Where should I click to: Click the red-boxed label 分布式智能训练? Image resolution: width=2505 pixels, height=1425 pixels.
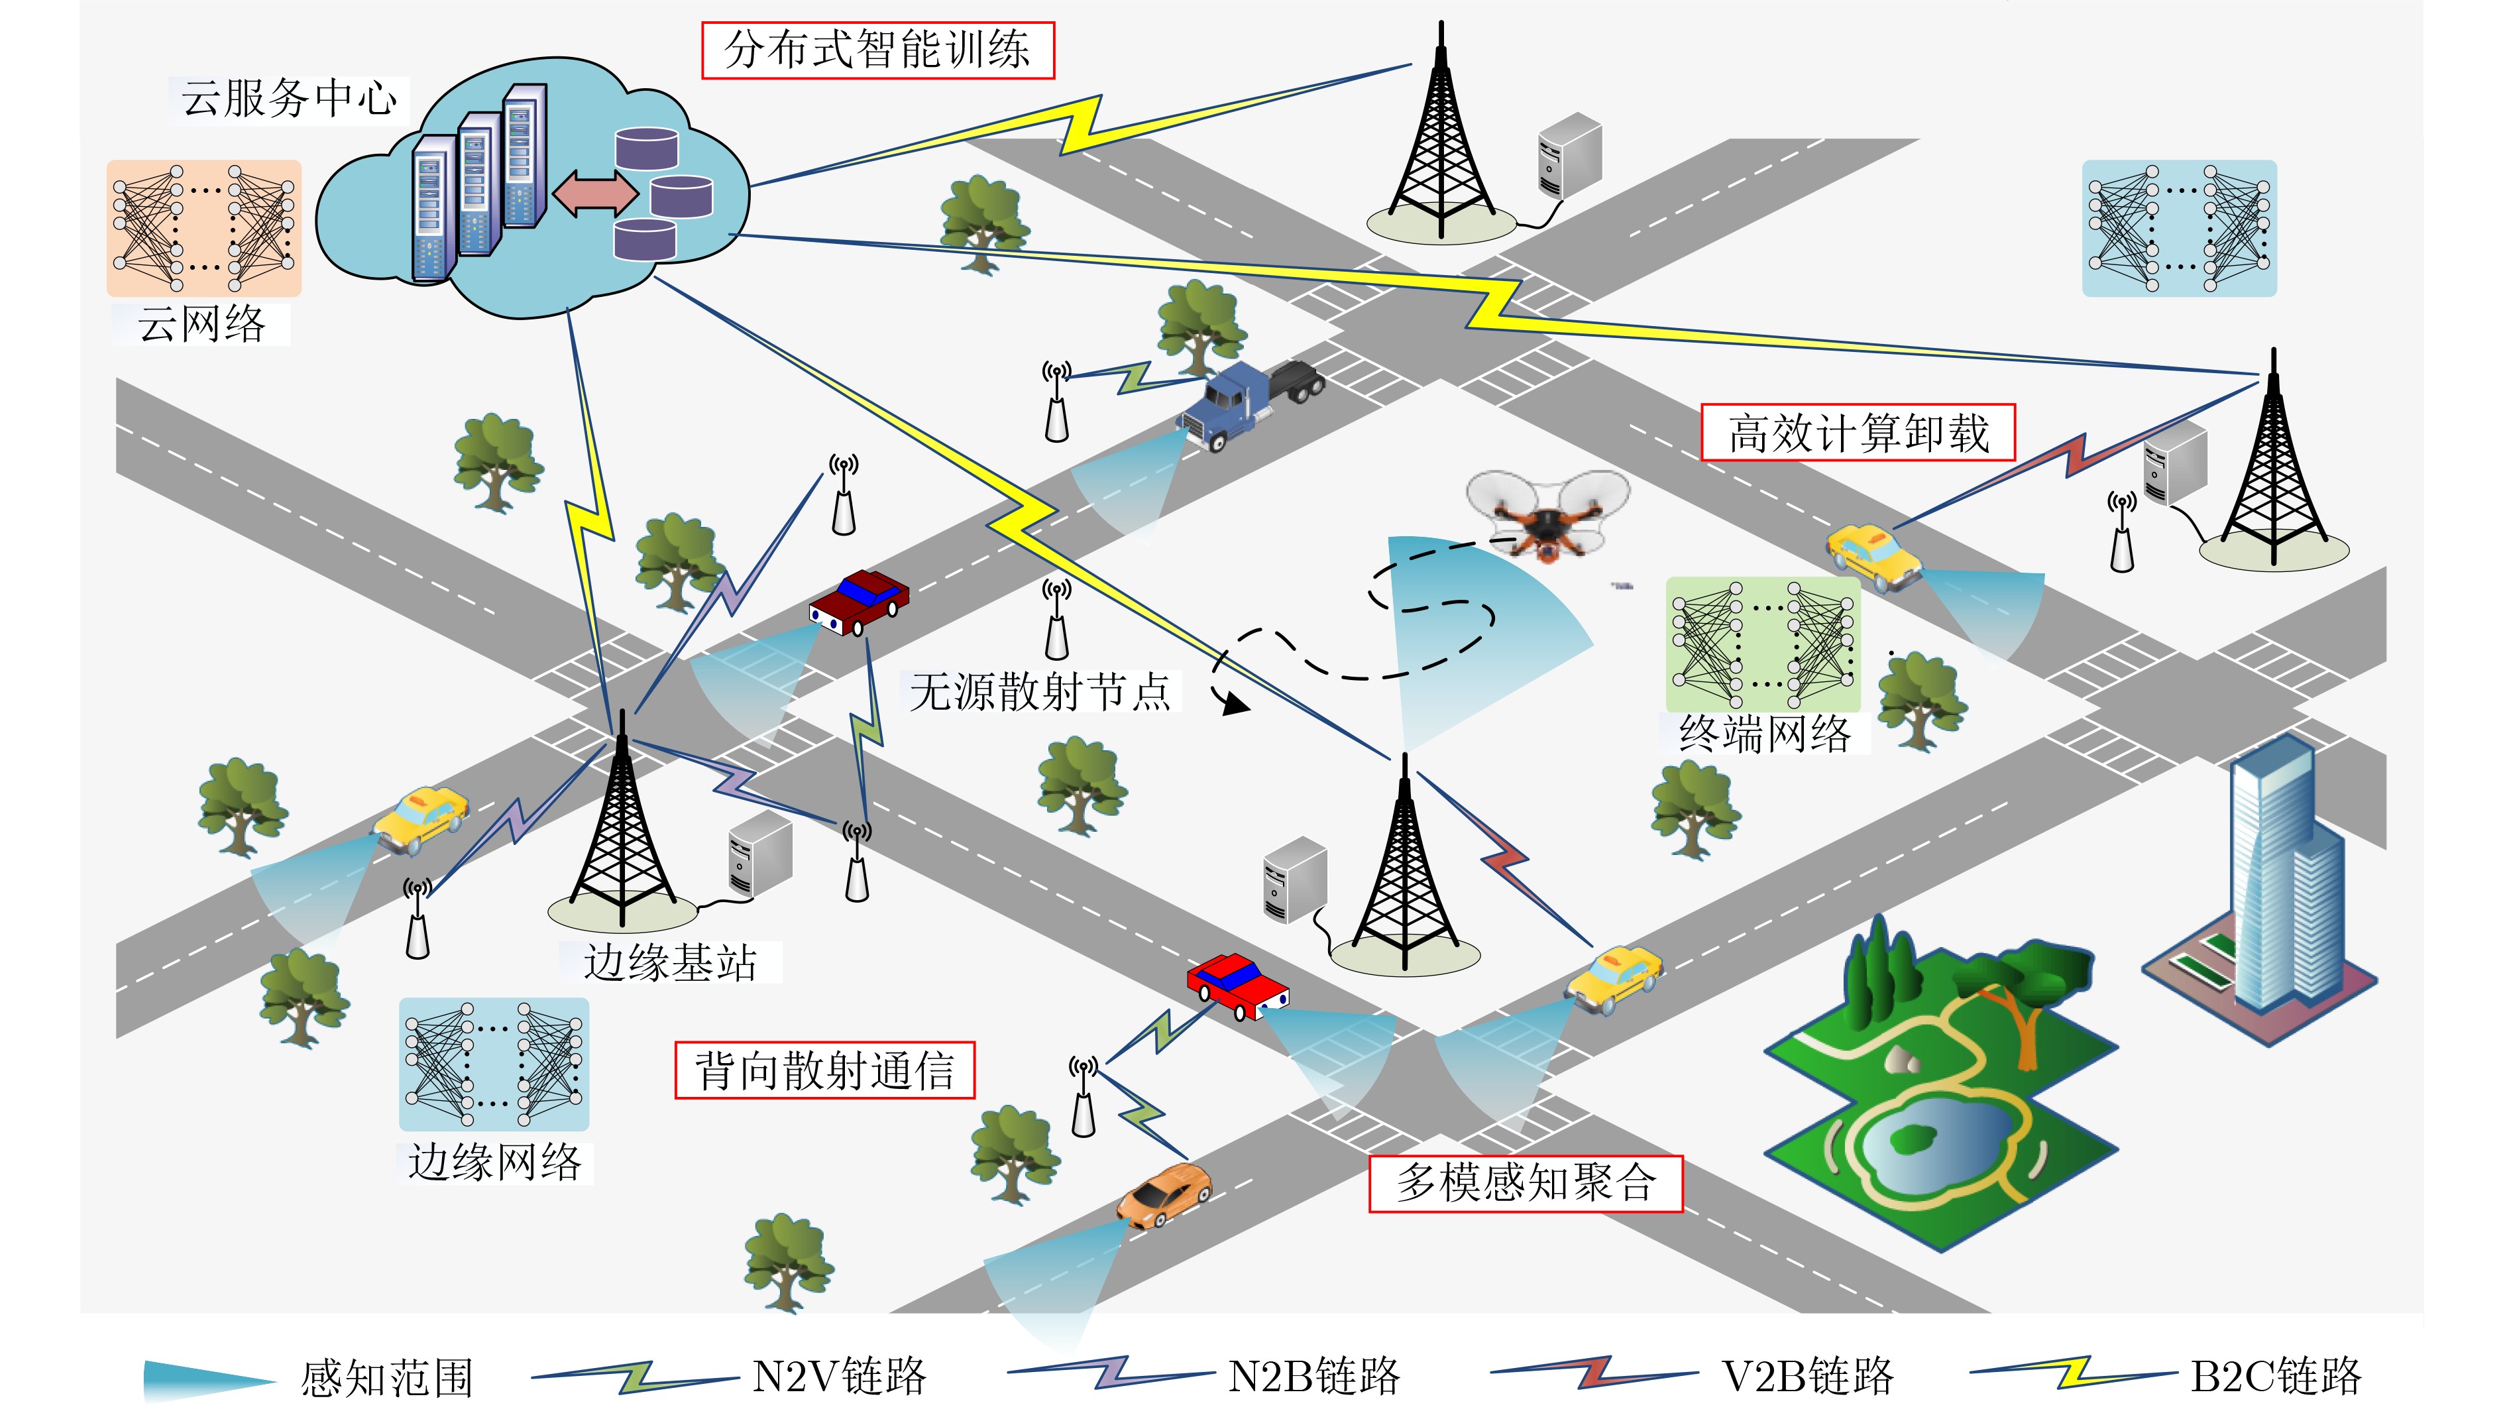pos(877,50)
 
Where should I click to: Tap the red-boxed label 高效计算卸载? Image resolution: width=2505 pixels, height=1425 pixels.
pos(1858,433)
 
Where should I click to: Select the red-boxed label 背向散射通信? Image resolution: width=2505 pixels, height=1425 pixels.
pos(824,1070)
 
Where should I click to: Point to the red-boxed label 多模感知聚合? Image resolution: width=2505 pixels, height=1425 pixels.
pos(1524,1183)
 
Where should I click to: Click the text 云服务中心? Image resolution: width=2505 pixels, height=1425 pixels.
pos(289,99)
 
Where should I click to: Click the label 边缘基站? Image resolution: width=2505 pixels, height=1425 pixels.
pos(670,962)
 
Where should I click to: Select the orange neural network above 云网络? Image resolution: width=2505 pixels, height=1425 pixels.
pos(203,228)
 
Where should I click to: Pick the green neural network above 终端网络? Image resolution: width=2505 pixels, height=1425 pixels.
pos(1762,645)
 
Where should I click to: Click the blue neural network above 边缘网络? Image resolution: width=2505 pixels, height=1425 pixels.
pos(494,1064)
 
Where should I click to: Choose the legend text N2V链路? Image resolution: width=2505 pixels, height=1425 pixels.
pos(838,1376)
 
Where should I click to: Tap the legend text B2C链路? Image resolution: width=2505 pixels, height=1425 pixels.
pos(2275,1376)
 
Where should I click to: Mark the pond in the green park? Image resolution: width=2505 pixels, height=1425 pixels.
pos(1918,1145)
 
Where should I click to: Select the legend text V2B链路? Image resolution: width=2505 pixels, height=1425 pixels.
pos(1807,1376)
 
